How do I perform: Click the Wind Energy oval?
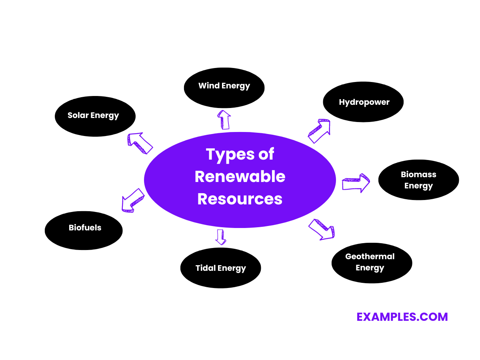(x=224, y=87)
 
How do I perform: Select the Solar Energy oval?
(x=95, y=116)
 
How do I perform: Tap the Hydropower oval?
(x=363, y=102)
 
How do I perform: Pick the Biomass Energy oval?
(x=418, y=180)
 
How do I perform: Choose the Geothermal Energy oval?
(x=372, y=263)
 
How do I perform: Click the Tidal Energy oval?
(x=220, y=268)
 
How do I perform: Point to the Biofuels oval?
(x=84, y=230)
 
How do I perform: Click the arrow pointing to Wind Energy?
(x=224, y=120)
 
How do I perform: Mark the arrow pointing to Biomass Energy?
(x=356, y=183)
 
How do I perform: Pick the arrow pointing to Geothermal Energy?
(x=322, y=229)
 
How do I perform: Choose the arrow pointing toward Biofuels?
(x=133, y=200)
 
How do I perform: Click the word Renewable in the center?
(x=240, y=176)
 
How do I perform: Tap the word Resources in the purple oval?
(x=240, y=199)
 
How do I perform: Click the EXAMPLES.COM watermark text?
(x=402, y=317)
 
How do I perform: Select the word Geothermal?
(x=370, y=256)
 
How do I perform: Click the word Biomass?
(x=418, y=174)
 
